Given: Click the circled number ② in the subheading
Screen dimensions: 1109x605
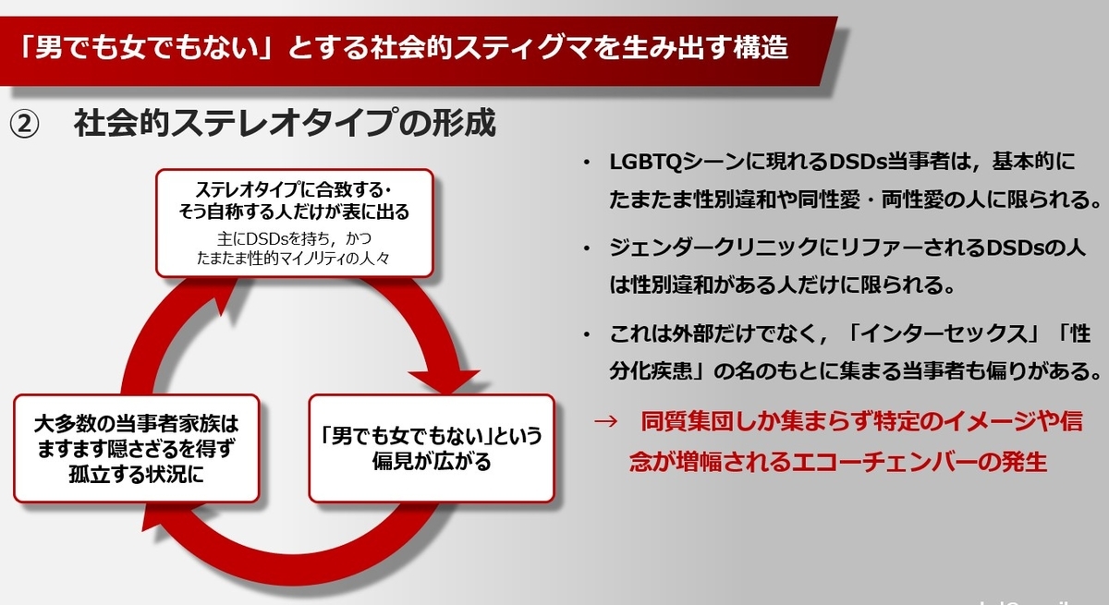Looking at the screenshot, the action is (x=24, y=124).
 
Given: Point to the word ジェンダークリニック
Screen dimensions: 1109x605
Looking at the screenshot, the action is (x=713, y=248).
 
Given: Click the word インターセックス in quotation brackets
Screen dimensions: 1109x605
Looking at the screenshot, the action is (x=944, y=334).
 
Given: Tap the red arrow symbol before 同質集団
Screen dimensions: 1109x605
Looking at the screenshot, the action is (x=605, y=421).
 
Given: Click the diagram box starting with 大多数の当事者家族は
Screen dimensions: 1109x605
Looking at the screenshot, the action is (x=137, y=449).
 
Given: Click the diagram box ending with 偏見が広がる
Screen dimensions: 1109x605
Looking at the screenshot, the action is (x=432, y=449).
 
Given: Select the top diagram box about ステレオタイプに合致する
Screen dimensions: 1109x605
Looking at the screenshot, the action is (x=295, y=223).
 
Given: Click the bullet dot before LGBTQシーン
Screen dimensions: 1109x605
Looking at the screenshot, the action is (x=587, y=163).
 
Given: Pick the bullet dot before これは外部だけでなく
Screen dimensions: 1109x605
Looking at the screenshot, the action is (x=587, y=335).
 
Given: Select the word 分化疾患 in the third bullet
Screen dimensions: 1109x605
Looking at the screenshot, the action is (x=651, y=370).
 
